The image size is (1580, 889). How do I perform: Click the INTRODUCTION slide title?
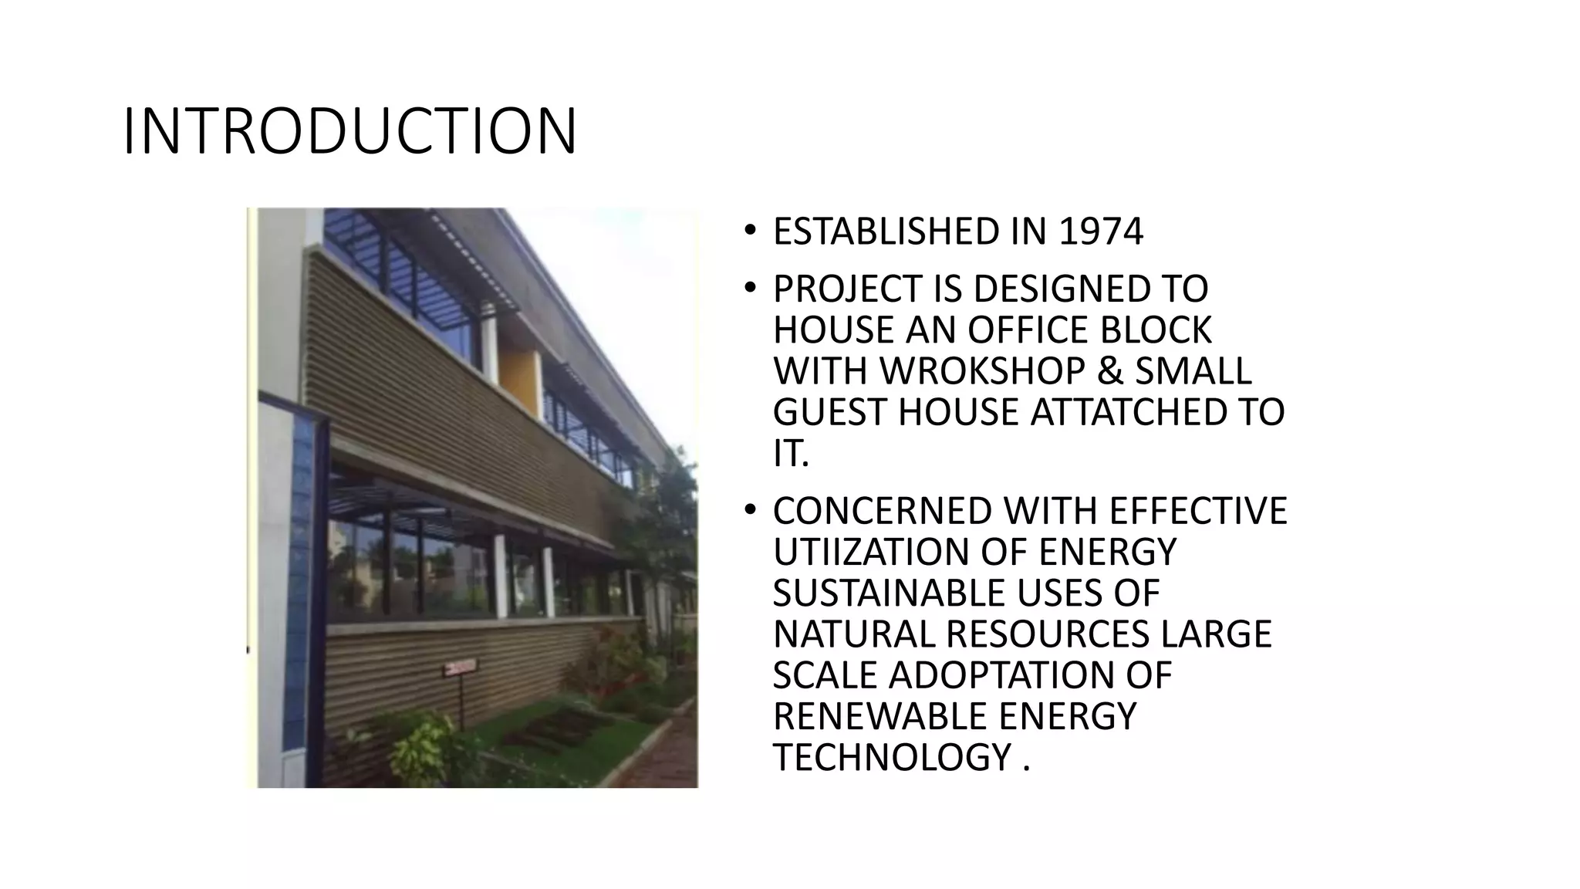(x=349, y=131)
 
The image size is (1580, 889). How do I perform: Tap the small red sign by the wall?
(x=460, y=667)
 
